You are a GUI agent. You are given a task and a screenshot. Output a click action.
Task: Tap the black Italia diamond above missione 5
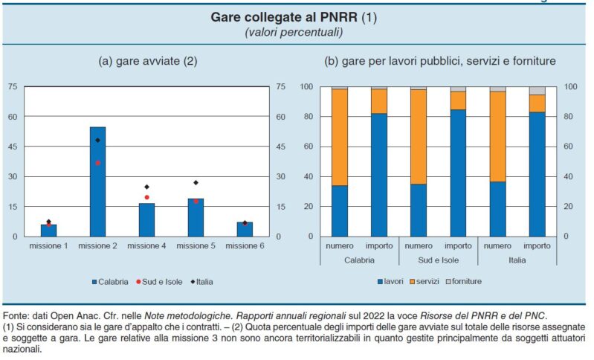[x=196, y=182]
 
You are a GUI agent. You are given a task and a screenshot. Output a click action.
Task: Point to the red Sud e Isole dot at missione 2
[x=97, y=163]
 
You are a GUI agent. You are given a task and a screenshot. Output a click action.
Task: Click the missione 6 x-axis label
[x=245, y=245]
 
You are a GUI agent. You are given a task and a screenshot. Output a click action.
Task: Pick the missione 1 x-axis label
[x=48, y=245]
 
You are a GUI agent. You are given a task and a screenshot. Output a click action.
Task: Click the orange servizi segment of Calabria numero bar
[x=340, y=137]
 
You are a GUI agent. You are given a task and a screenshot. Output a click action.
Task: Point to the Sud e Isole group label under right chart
[x=438, y=260]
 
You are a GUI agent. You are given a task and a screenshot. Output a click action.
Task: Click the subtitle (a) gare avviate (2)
[x=148, y=61]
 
